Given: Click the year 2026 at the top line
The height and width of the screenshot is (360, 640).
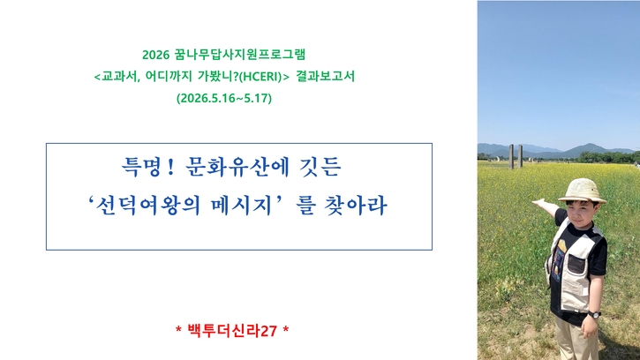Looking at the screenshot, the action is tap(155, 55).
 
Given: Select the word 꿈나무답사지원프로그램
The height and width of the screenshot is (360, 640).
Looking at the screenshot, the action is tap(239, 55).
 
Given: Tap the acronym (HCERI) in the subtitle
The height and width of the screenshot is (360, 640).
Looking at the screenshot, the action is tap(260, 77).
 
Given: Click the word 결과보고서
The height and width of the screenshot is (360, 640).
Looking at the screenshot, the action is tap(326, 77).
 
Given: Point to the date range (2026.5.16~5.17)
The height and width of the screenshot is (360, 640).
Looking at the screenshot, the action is tap(224, 98).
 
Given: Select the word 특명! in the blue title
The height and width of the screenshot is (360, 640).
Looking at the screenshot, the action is tap(148, 167).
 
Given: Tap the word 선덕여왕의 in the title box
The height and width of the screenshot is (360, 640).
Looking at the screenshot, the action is tap(147, 206).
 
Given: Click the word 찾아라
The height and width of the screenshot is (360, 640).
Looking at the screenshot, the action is tap(355, 206).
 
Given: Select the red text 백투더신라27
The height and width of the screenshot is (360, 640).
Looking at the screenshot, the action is tap(232, 331).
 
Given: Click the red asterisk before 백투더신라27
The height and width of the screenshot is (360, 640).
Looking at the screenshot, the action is tap(178, 329).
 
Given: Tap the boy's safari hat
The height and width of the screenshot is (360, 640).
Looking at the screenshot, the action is tap(582, 191).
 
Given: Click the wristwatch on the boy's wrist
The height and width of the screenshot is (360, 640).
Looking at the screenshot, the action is tap(594, 314).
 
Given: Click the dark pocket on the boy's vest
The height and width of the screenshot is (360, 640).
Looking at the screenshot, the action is tap(576, 264).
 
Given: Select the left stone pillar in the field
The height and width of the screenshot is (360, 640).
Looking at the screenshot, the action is tap(511, 156).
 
